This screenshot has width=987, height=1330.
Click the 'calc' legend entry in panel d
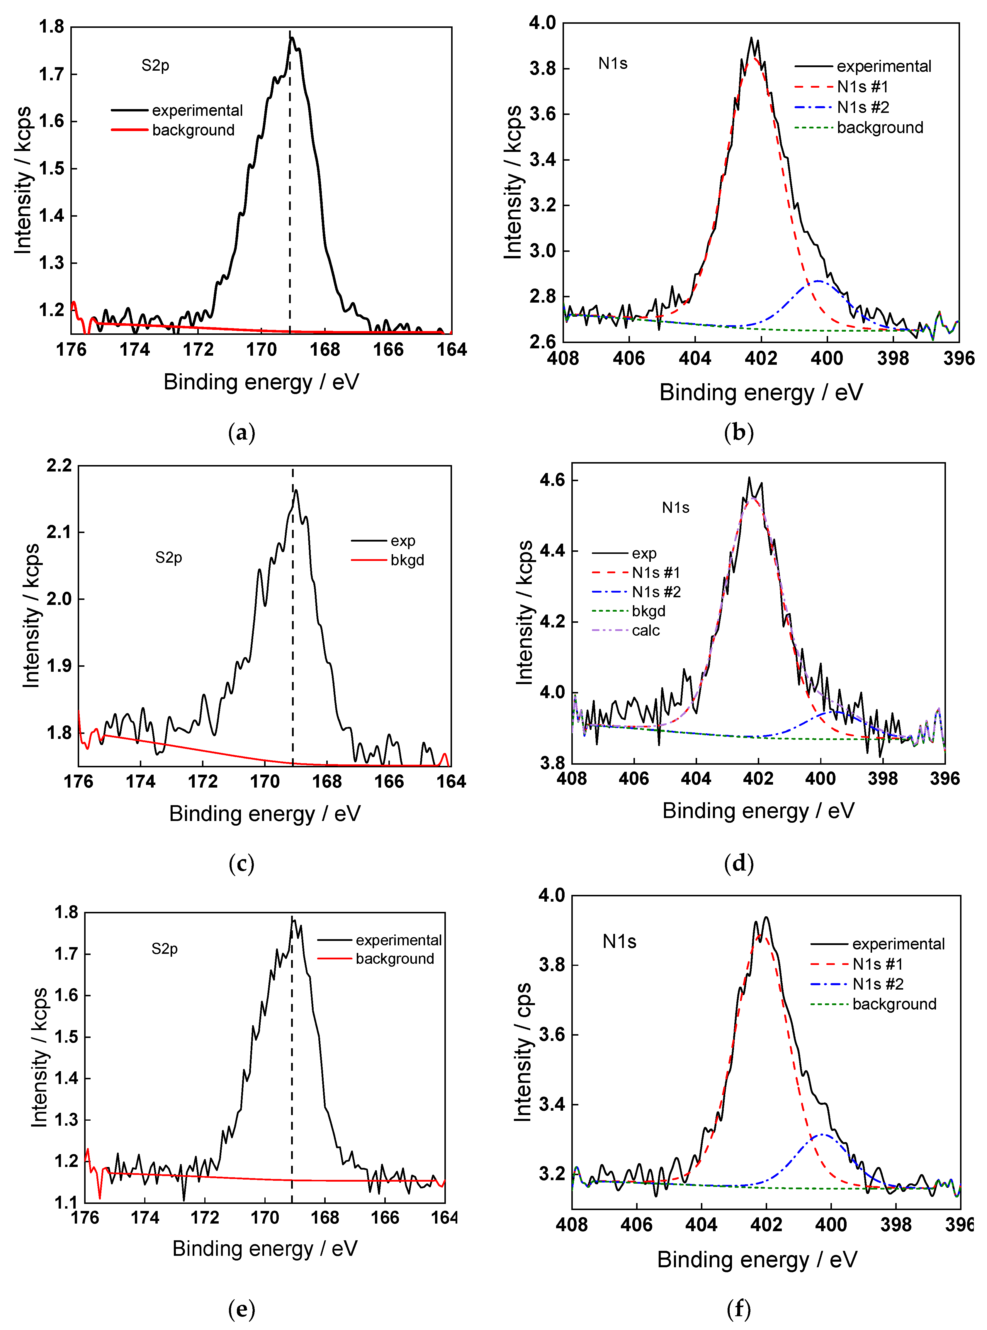(x=645, y=630)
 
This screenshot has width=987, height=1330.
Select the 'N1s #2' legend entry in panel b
(x=862, y=108)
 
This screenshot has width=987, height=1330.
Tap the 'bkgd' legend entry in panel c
(x=407, y=560)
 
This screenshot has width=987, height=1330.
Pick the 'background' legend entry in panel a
(x=193, y=130)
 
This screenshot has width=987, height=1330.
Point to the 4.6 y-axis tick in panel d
(x=553, y=480)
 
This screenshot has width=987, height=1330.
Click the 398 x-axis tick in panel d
(x=882, y=778)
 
